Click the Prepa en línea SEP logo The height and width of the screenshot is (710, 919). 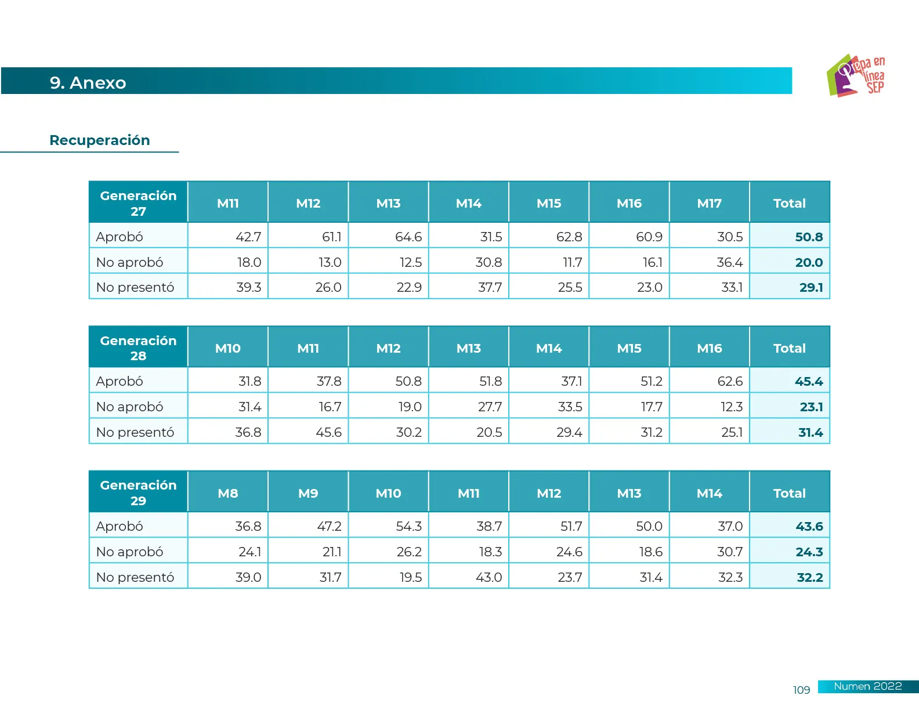pos(856,76)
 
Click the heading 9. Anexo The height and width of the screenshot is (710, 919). pos(88,83)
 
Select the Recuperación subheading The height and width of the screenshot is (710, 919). pos(100,140)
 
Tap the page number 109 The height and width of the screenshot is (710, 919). pos(801,690)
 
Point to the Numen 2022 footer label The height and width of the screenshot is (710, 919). pos(867,686)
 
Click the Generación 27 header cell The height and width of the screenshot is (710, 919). pos(138,203)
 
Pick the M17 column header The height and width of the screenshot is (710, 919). pos(709,203)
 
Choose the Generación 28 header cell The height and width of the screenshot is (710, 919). pos(138,348)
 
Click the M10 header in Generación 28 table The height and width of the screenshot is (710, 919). pos(227,348)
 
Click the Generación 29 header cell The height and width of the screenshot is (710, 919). pos(138,492)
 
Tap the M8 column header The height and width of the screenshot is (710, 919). pos(227,493)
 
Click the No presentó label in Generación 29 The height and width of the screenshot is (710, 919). pos(135,577)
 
